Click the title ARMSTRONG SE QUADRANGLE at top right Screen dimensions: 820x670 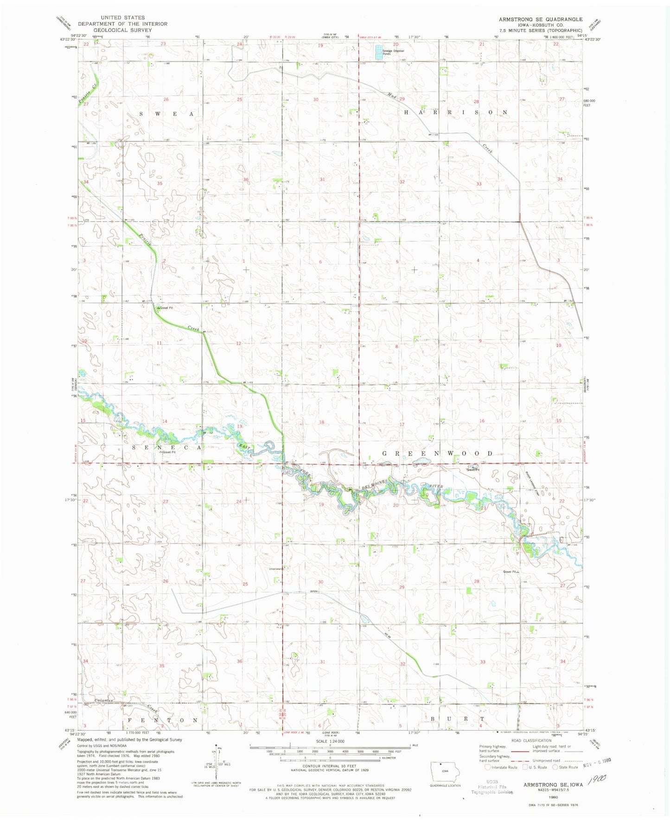(x=541, y=19)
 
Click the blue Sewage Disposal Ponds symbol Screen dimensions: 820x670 (x=379, y=52)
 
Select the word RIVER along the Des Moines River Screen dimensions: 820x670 (x=436, y=487)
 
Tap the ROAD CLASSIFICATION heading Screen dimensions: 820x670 (x=531, y=741)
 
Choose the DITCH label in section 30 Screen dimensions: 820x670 (x=313, y=591)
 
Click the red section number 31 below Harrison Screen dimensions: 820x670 (x=322, y=179)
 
